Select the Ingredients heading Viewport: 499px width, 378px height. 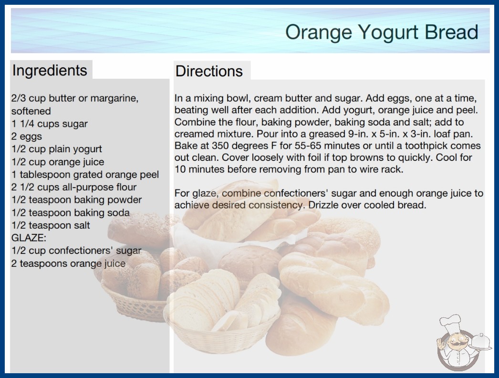[x=50, y=70]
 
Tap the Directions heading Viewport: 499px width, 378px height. [x=209, y=71]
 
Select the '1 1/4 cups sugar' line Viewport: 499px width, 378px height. [x=49, y=124]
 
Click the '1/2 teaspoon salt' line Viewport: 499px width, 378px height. [x=51, y=225]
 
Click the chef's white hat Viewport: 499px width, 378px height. [x=450, y=324]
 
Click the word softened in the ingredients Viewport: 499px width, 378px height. [x=31, y=111]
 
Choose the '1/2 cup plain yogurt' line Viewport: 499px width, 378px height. [x=57, y=149]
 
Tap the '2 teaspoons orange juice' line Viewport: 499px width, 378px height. [x=68, y=263]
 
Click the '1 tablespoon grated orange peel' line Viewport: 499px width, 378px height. [x=85, y=175]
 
